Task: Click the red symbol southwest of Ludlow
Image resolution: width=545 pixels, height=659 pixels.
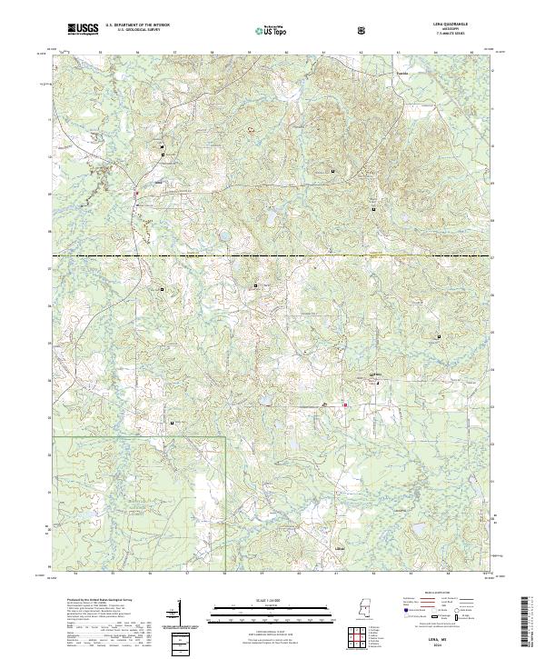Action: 344,404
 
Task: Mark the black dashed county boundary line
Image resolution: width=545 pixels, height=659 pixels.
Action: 272,256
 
